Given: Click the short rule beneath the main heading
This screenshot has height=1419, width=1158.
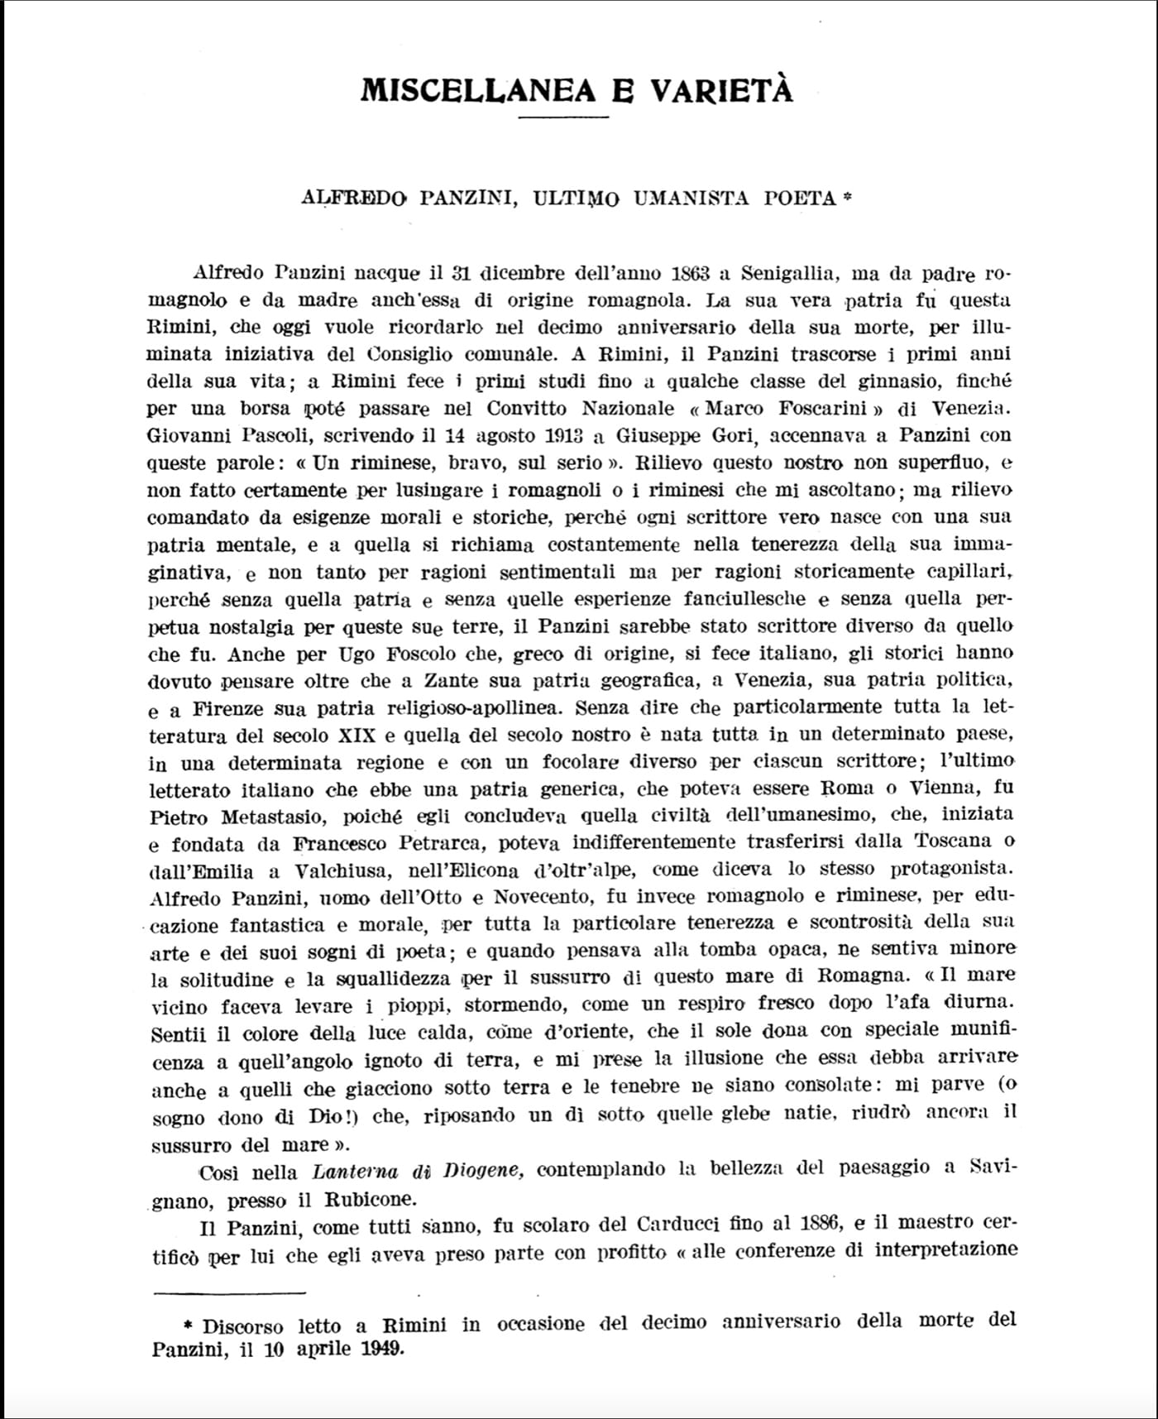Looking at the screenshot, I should coord(563,117).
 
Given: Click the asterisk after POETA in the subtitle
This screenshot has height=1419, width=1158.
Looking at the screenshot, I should coord(846,197).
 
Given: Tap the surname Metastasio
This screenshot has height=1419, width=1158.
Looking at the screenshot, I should coord(267,817).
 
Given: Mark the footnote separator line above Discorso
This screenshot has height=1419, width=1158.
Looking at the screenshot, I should coord(229,1292).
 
